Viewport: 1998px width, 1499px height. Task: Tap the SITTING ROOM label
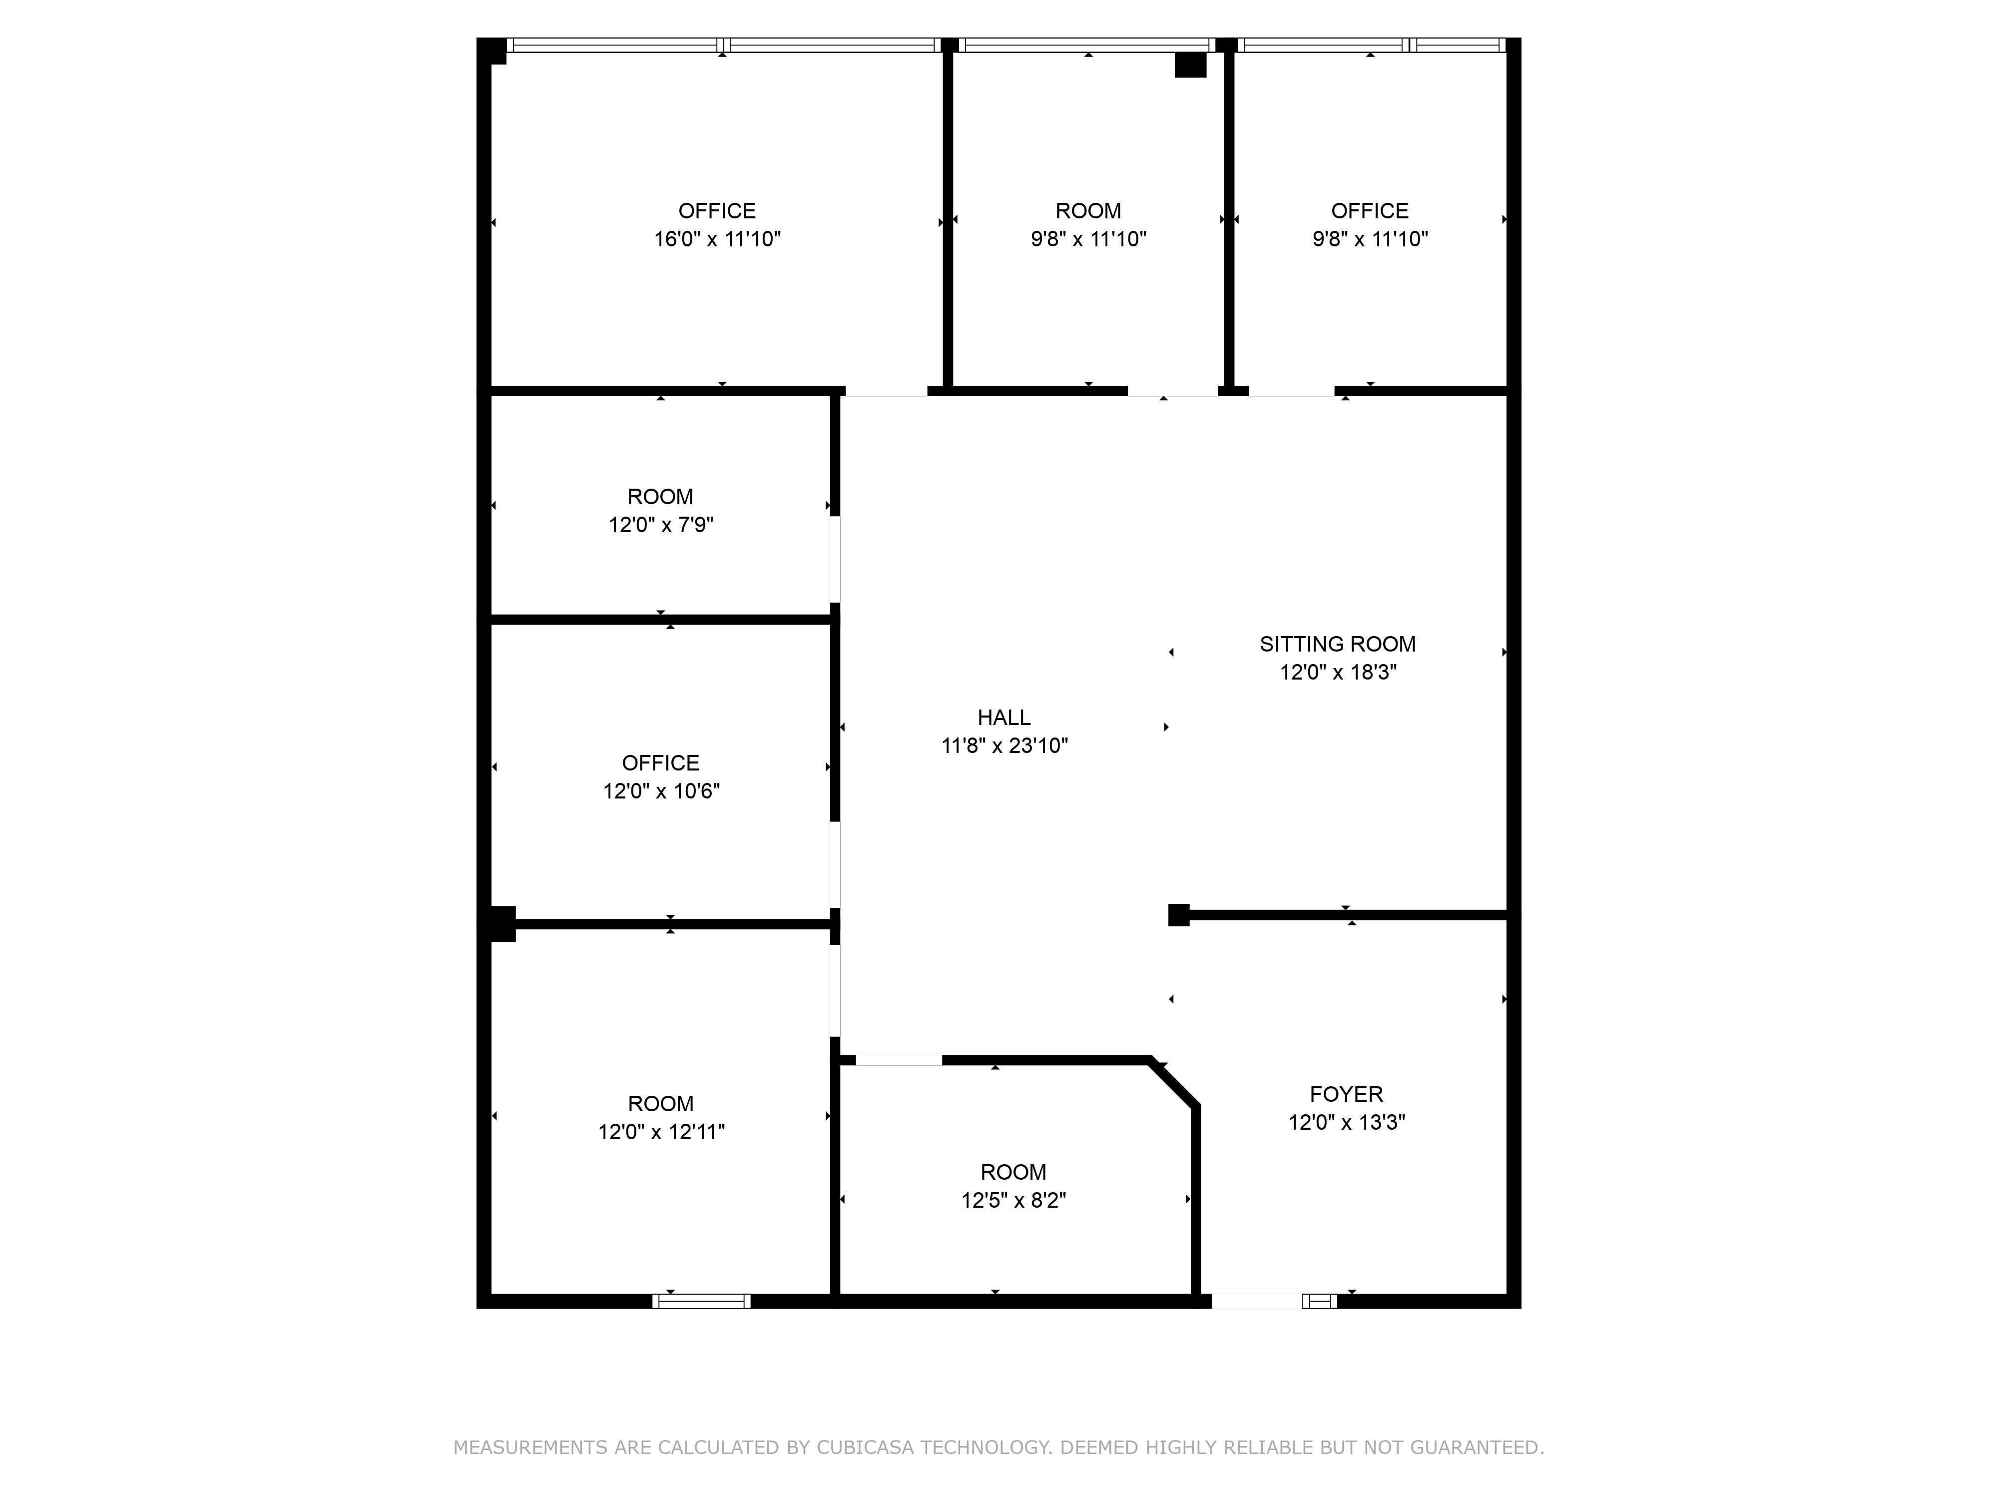click(1338, 644)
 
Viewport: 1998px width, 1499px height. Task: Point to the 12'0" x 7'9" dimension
click(661, 525)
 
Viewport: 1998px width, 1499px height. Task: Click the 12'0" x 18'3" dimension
click(1338, 672)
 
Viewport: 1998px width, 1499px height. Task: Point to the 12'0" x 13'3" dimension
click(1347, 1122)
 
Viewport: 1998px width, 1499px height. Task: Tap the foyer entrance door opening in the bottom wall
click(1256, 1301)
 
